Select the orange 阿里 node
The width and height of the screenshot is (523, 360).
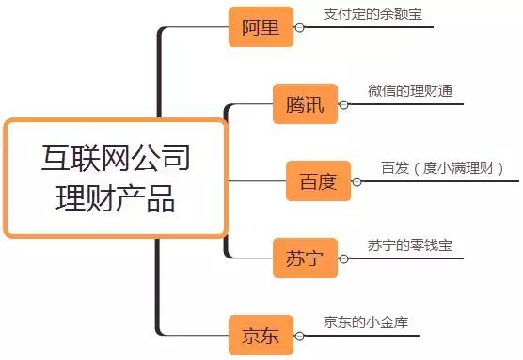(255, 26)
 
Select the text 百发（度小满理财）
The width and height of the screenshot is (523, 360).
(442, 168)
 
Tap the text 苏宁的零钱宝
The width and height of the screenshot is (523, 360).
(410, 245)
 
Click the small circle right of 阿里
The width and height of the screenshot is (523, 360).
(299, 27)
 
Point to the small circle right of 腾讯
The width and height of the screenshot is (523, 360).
(345, 103)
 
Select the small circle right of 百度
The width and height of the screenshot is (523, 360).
(357, 180)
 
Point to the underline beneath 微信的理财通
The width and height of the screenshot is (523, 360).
(414, 103)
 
